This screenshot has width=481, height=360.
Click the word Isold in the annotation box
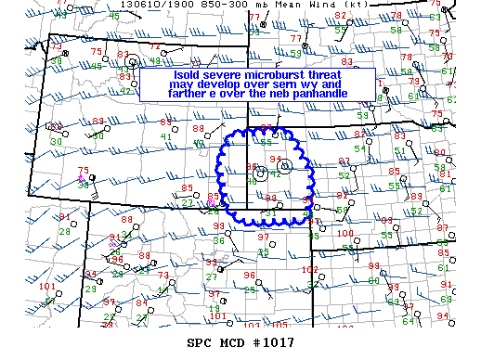(x=189, y=72)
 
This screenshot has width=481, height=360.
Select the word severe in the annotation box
(x=228, y=72)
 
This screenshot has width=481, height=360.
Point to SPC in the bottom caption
(x=200, y=342)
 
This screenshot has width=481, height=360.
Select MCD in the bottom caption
(x=231, y=342)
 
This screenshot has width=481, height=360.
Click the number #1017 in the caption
(x=272, y=342)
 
